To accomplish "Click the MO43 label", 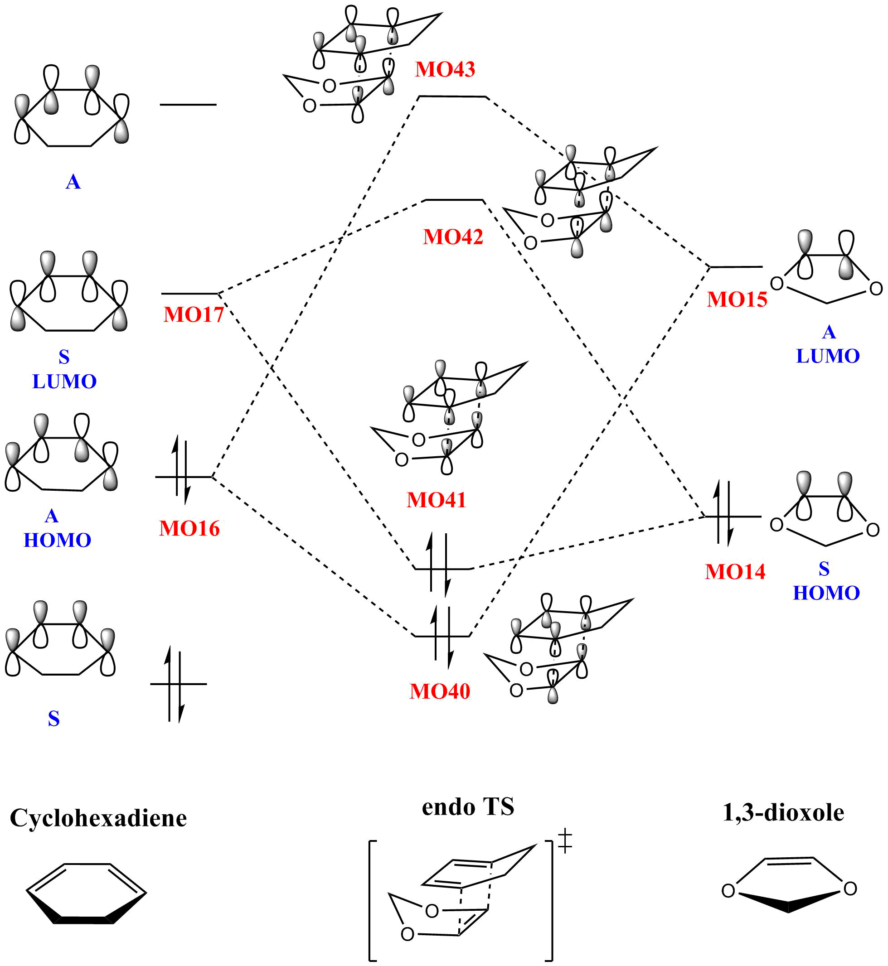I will (x=445, y=70).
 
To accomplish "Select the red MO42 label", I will (x=453, y=237).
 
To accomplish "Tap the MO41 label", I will (x=437, y=500).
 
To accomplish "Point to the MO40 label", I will (x=440, y=692).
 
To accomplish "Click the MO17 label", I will (x=194, y=314).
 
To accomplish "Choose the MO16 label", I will (x=189, y=528).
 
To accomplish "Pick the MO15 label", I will (x=737, y=299).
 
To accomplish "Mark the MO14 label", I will (x=735, y=572).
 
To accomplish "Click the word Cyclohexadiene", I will (x=98, y=818).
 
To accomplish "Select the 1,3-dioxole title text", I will (x=783, y=813).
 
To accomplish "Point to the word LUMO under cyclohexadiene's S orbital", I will (x=64, y=382).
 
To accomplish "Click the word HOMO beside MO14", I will (x=826, y=593).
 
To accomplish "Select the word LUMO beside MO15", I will (x=828, y=356).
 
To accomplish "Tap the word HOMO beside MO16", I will (x=57, y=541).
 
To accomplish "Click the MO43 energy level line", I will (x=453, y=97).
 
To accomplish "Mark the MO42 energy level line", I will (x=454, y=199).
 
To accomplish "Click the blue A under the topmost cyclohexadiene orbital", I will (x=73, y=182).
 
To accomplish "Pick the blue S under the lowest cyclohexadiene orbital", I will (x=54, y=719).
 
